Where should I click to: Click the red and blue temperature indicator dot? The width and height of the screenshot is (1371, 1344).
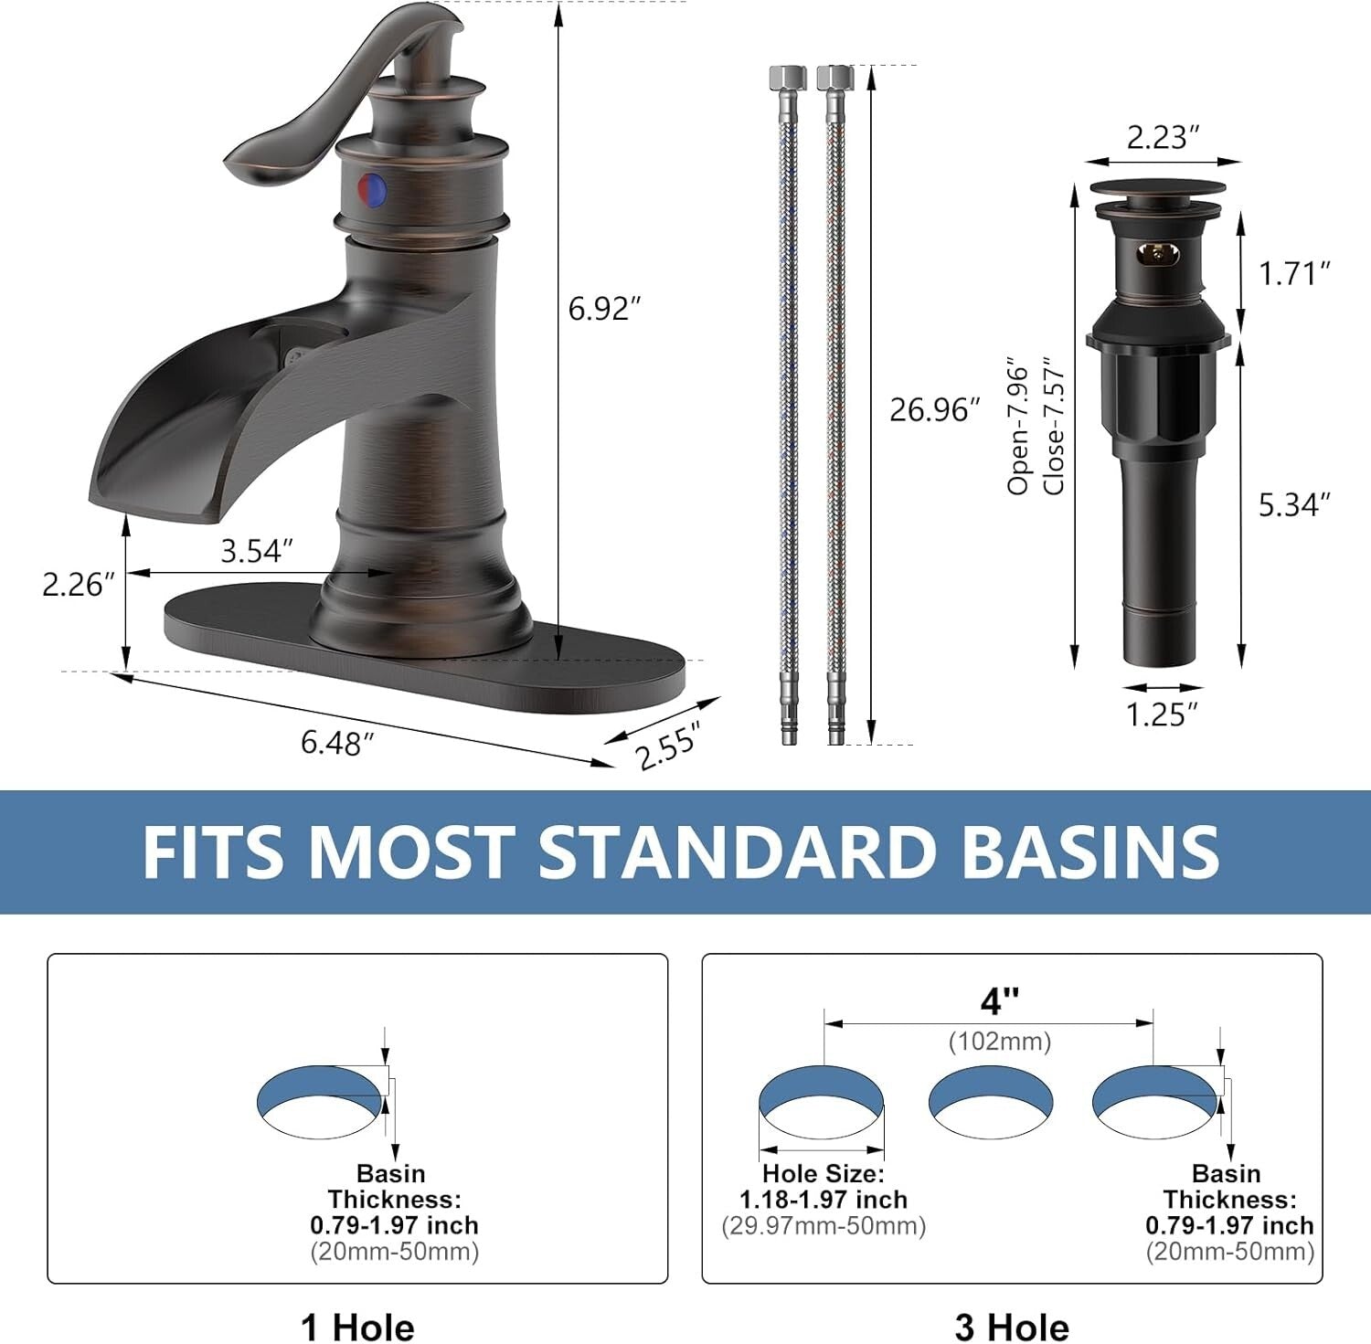coord(372,188)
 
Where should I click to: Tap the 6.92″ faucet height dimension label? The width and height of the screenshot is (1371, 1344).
coord(599,309)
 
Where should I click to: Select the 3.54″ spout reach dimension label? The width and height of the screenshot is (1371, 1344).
coord(257,551)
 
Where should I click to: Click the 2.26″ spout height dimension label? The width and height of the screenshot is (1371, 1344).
coord(78,585)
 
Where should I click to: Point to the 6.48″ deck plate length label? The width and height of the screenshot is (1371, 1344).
coord(337,743)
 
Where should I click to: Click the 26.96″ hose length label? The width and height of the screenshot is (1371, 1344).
coord(934,409)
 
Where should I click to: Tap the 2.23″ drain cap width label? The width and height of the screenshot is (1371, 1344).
coord(1163,137)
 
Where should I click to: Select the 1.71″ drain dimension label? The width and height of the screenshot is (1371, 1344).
coord(1294,273)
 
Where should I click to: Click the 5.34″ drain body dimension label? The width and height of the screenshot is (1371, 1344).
coord(1294,504)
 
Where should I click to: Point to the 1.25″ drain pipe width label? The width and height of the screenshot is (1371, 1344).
coord(1162,714)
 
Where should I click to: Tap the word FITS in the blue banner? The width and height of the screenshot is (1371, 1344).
coord(213,852)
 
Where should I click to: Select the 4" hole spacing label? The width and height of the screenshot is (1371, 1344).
coord(999,1002)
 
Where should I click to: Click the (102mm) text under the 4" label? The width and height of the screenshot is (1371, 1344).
coord(1000,1041)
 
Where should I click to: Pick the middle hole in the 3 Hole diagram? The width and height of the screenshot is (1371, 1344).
coord(990,1102)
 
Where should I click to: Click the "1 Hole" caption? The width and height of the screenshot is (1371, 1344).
coord(357,1327)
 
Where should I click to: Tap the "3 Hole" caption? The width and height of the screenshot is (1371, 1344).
coord(1012,1327)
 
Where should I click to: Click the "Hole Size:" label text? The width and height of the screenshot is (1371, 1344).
coord(823,1173)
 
